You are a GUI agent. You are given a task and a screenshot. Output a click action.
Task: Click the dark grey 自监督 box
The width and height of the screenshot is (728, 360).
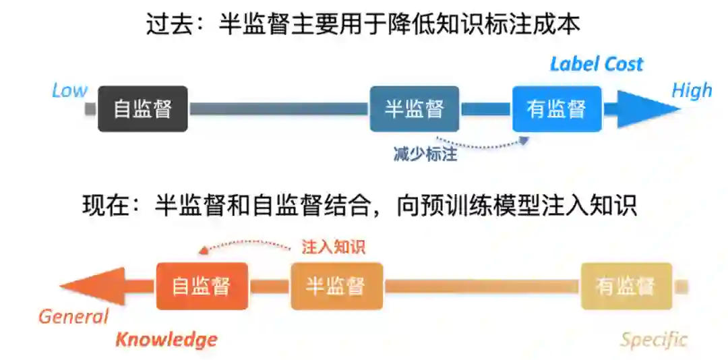pyautogui.click(x=143, y=109)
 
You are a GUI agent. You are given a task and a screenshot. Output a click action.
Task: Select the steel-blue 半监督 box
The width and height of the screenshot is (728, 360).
pyautogui.click(x=414, y=109)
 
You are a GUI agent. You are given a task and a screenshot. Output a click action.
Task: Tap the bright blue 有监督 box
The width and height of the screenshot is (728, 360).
pyautogui.click(x=556, y=109)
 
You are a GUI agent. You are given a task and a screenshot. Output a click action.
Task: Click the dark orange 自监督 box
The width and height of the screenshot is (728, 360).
pyautogui.click(x=202, y=286)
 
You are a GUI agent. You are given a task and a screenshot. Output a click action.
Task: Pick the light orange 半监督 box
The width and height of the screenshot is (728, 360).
pyautogui.click(x=336, y=286)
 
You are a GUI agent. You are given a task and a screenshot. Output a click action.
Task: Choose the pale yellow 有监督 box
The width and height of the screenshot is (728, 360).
pyautogui.click(x=626, y=286)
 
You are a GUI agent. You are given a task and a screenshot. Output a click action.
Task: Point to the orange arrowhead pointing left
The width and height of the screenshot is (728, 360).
pyautogui.click(x=94, y=286)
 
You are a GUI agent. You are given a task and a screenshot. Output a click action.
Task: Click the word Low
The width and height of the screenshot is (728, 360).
pyautogui.click(x=69, y=90)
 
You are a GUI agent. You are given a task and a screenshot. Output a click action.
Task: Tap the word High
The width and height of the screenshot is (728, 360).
pyautogui.click(x=692, y=90)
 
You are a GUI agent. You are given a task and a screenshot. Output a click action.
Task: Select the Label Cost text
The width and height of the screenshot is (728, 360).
pyautogui.click(x=597, y=64)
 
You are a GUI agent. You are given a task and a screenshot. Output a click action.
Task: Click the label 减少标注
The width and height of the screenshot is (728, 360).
pyautogui.click(x=425, y=154)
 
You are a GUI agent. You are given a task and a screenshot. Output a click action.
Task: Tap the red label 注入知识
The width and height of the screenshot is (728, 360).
pyautogui.click(x=333, y=247)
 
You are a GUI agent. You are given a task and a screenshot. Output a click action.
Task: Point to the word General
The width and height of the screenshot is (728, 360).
pyautogui.click(x=73, y=316)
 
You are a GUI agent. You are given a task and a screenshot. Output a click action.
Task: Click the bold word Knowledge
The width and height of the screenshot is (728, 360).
pyautogui.click(x=166, y=339)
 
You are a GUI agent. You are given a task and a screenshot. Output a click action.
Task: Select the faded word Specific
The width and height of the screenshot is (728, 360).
pyautogui.click(x=654, y=339)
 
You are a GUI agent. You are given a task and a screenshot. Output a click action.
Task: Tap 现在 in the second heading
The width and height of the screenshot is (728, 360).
pyautogui.click(x=105, y=205)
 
